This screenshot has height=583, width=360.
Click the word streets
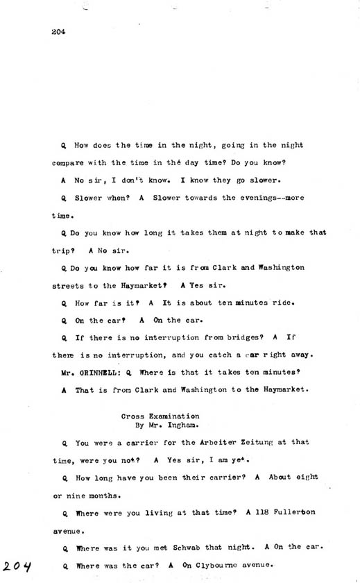click(x=68, y=285)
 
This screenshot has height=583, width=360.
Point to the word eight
click(x=305, y=477)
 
